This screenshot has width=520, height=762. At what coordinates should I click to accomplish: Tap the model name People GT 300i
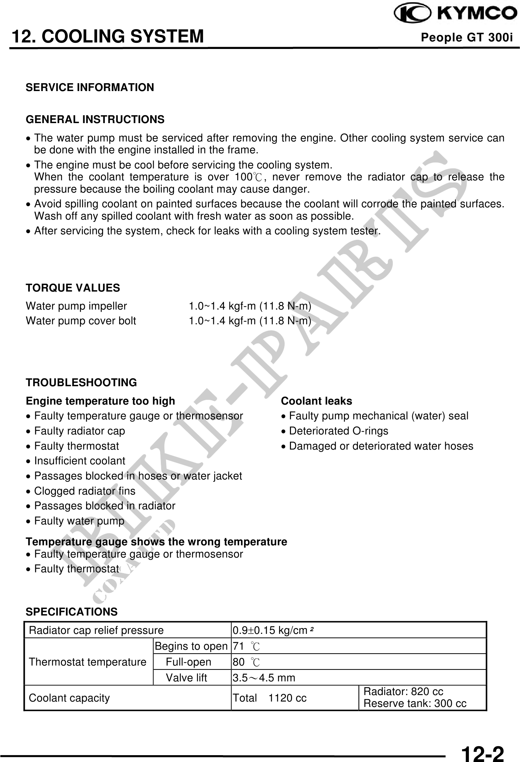point(467,37)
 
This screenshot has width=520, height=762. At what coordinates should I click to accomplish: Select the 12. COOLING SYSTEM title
point(108,36)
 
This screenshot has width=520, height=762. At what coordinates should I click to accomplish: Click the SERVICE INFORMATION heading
point(90,87)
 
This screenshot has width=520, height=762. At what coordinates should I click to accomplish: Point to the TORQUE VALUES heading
point(73,288)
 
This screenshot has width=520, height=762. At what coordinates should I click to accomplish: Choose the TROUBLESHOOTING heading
point(81,383)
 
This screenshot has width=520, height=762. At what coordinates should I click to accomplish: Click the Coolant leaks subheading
point(316,401)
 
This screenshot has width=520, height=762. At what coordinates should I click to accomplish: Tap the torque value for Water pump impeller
point(250,306)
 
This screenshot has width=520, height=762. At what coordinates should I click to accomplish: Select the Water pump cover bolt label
point(81,321)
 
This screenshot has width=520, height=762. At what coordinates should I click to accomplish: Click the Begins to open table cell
point(191,646)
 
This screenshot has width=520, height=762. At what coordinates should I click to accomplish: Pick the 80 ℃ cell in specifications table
point(246,662)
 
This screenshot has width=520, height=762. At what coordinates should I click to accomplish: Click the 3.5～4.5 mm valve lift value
point(264,678)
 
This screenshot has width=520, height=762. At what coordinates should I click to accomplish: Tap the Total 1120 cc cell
point(269,698)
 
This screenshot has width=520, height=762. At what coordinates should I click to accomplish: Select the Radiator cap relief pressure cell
point(96,631)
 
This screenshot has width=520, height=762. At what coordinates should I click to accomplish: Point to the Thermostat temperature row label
point(88,662)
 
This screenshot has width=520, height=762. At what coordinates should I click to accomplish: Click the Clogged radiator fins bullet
point(85,491)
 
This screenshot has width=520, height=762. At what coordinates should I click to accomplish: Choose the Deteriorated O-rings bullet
point(339,431)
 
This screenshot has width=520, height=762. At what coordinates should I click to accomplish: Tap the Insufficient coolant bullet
point(80,461)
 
